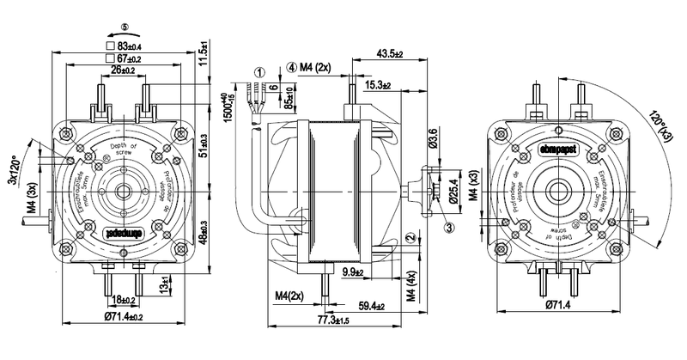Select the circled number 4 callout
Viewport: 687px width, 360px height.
click(x=292, y=65)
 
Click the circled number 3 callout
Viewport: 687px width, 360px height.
click(x=449, y=227)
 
